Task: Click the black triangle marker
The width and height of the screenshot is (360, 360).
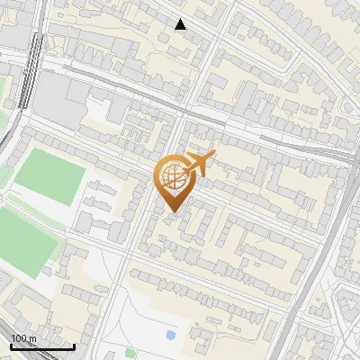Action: tap(181, 24)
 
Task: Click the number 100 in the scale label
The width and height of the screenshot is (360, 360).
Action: tap(19, 338)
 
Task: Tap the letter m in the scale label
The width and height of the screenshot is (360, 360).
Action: tap(32, 338)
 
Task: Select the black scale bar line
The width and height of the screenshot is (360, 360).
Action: tap(42, 346)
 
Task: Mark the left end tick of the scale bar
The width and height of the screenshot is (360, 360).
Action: tap(11, 345)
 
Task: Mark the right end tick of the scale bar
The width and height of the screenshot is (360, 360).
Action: tap(74, 345)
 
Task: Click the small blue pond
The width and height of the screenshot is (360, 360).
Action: tap(171, 336)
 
